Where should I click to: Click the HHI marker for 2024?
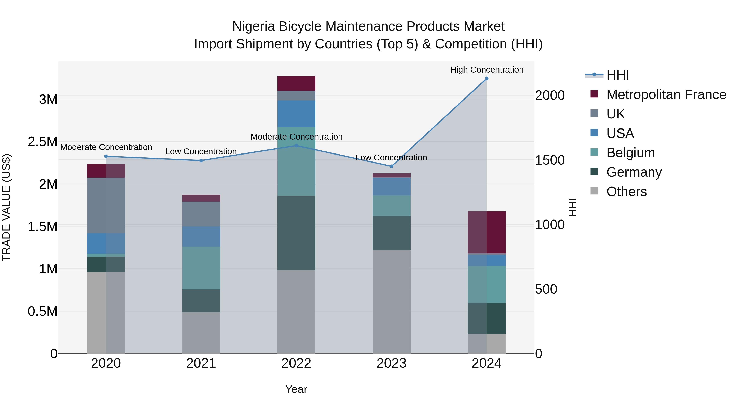486,78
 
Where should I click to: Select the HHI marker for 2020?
106,156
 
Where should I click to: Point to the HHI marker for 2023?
391,166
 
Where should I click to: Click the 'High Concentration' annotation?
486,70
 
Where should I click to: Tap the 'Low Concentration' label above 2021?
201,151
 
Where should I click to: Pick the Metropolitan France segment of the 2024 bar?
486,232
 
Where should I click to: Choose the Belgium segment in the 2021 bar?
201,268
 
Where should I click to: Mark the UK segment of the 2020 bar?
106,205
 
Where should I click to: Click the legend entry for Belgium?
630,153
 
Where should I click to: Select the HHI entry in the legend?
617,75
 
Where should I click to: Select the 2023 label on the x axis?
391,363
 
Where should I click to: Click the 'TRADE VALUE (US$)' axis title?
7,207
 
